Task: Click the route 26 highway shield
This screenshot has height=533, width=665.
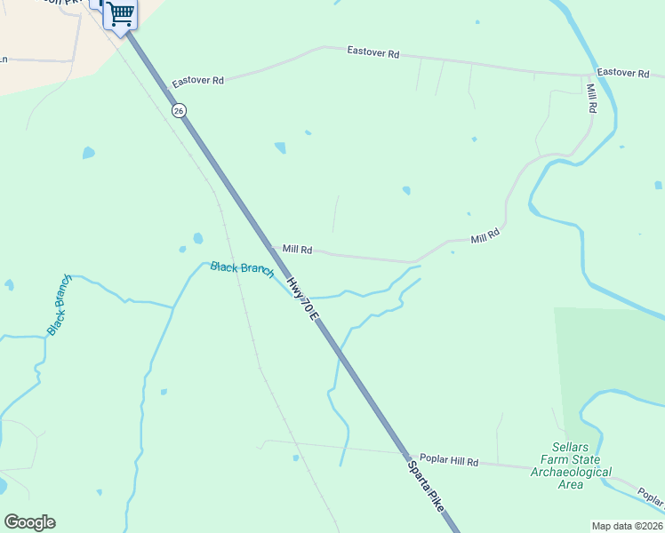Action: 180,110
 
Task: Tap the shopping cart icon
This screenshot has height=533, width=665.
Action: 120,14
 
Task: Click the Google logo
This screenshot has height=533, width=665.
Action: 29,522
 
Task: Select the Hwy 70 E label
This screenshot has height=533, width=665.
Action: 302,299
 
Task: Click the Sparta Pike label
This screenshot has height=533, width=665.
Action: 427,484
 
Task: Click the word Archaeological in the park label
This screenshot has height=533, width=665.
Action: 571,472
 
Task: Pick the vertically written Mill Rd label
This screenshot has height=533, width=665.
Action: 591,98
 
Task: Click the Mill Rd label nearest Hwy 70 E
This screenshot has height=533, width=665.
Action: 297,251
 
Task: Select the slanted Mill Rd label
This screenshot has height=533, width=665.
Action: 485,236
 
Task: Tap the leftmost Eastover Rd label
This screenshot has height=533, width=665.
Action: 198,80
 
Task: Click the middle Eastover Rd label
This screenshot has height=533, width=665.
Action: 373,52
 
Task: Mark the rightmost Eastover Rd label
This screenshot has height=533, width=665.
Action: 623,73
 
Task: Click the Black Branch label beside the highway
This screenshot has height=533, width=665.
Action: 242,269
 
